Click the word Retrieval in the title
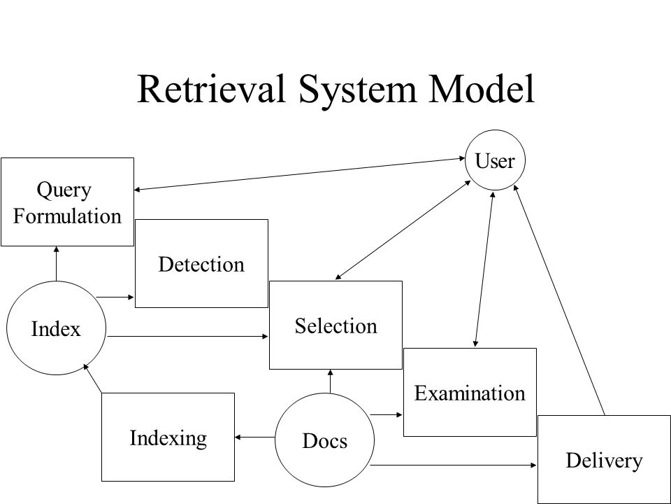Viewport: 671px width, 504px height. click(211, 89)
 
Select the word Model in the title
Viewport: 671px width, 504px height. click(482, 89)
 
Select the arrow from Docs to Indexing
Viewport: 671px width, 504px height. click(255, 437)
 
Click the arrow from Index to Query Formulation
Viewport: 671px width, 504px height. click(56, 264)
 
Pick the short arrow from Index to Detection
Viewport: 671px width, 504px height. click(115, 297)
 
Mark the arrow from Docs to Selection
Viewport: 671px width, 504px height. click(330, 381)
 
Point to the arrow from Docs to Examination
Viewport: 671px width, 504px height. click(386, 414)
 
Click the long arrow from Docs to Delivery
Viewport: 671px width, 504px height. click(453, 465)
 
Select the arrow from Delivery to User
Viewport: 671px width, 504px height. click(559, 300)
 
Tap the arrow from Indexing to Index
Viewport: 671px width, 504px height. click(92, 378)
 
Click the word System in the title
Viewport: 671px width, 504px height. click(357, 89)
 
